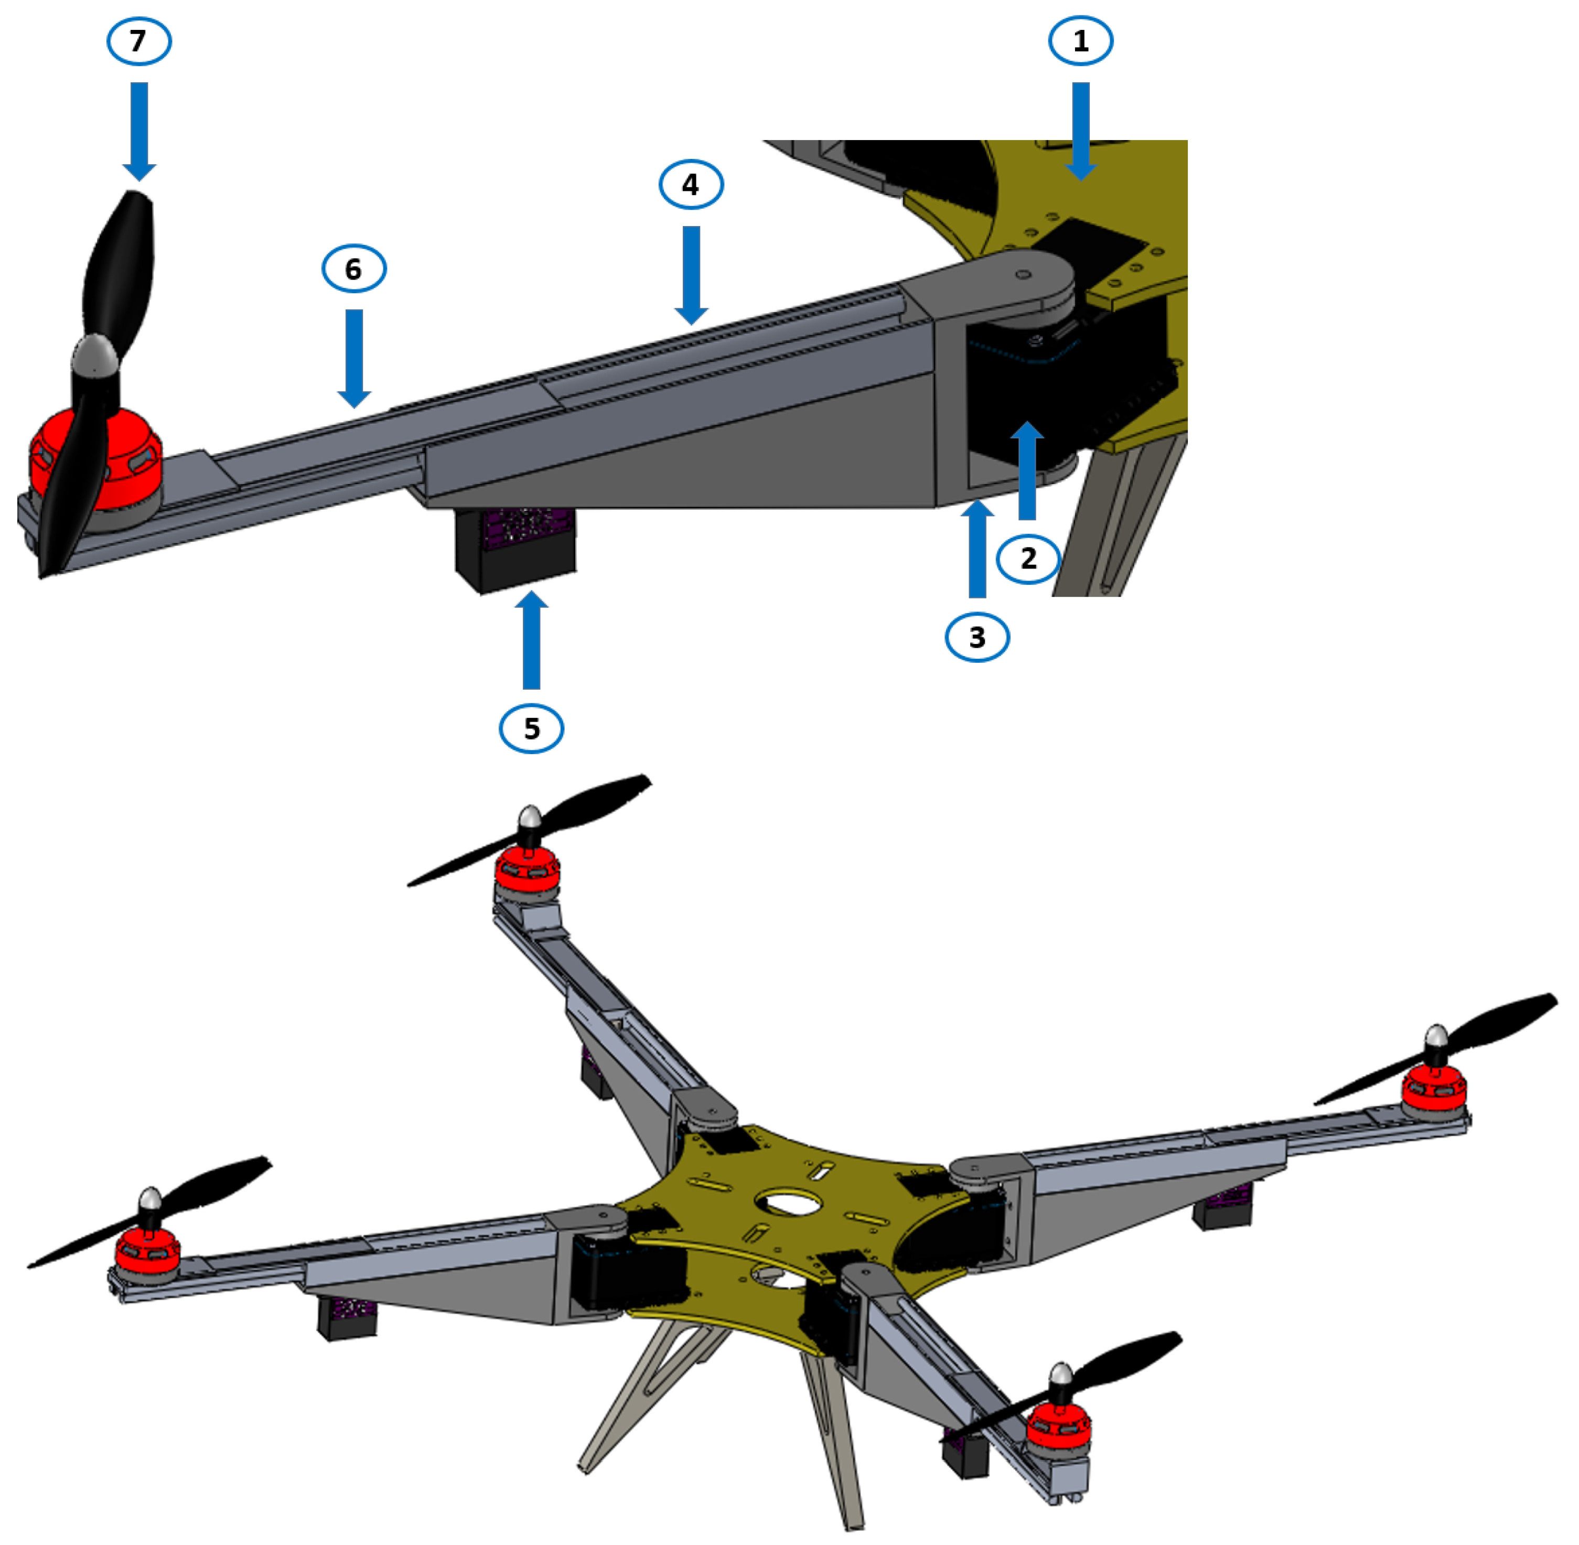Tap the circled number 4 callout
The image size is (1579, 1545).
(x=691, y=185)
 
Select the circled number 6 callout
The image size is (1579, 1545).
(x=354, y=269)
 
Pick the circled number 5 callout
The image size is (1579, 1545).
(x=531, y=728)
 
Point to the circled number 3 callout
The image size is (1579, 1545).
(x=977, y=637)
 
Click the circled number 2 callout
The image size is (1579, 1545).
(x=1028, y=559)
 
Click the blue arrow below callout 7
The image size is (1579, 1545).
(x=139, y=130)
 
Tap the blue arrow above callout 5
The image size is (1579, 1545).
(x=531, y=641)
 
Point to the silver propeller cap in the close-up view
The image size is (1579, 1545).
(x=96, y=357)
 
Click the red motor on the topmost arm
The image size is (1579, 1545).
(x=528, y=870)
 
